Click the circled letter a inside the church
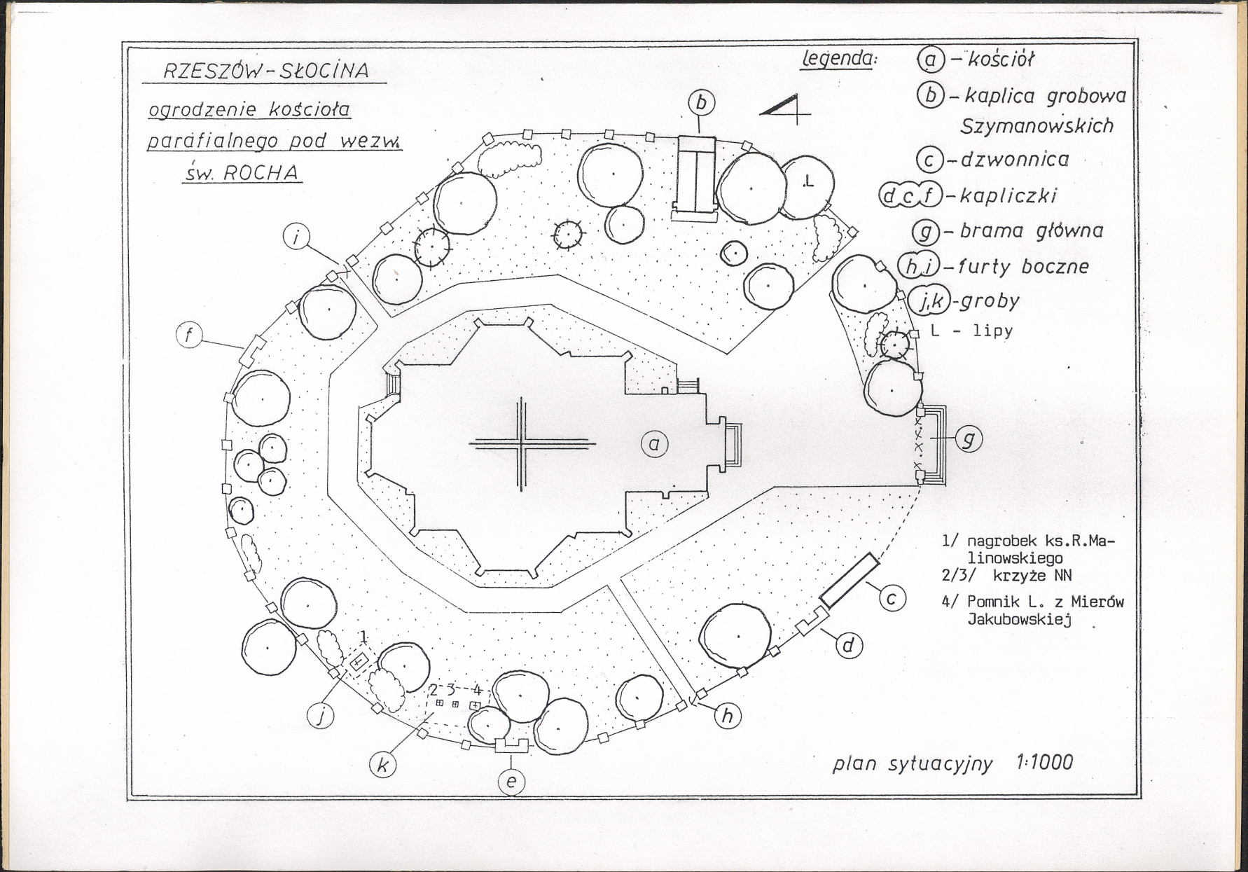(654, 443)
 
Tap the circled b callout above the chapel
(701, 103)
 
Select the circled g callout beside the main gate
(969, 438)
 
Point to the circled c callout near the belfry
(892, 598)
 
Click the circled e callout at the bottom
(511, 782)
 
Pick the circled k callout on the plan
(382, 765)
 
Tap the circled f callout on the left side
(189, 335)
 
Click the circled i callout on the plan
(297, 237)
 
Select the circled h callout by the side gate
(728, 716)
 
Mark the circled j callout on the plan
(321, 716)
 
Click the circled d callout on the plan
(848, 644)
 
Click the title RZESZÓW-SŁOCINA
(265, 71)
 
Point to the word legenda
(838, 59)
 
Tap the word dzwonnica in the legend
(1015, 160)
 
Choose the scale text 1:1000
(1044, 762)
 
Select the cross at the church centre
(521, 443)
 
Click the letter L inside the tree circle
(809, 182)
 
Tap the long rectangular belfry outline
(849, 580)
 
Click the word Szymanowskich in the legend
(1036, 126)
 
